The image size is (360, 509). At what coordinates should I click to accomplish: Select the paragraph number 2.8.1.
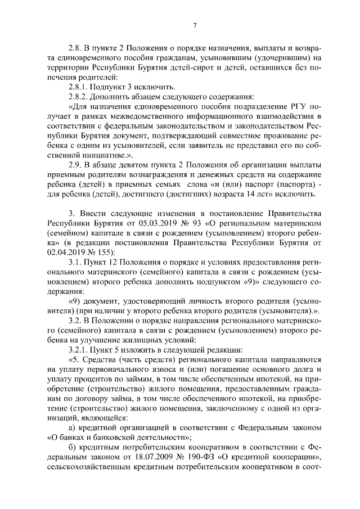click(x=79, y=86)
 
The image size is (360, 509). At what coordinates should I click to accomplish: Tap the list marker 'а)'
click(x=71, y=427)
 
